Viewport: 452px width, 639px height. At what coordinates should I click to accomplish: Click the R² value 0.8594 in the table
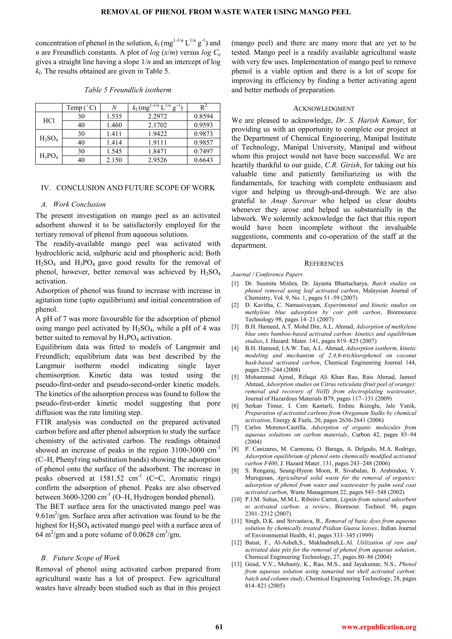(203, 116)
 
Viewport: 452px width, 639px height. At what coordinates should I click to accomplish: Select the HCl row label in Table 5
(49, 121)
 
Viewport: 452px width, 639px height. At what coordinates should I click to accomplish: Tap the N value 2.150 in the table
(114, 160)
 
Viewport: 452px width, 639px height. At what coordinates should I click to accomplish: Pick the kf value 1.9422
(158, 134)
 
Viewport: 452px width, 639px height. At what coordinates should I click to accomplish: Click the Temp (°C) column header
(81, 108)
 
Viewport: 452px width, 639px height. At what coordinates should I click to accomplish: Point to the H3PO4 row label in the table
(49, 156)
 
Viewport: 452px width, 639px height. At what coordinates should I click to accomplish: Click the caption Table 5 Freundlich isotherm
(128, 90)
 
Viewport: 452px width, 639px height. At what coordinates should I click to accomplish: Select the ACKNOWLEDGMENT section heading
(324, 109)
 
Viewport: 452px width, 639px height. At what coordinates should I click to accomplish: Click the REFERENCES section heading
(324, 263)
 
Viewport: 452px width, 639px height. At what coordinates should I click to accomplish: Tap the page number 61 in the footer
(219, 627)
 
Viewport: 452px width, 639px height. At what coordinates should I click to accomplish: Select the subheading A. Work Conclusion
(73, 205)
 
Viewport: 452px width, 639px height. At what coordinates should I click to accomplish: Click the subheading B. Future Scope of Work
(80, 564)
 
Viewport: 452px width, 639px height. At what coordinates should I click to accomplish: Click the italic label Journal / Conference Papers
(267, 274)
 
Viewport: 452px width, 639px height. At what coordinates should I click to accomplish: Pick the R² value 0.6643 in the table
(203, 160)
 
